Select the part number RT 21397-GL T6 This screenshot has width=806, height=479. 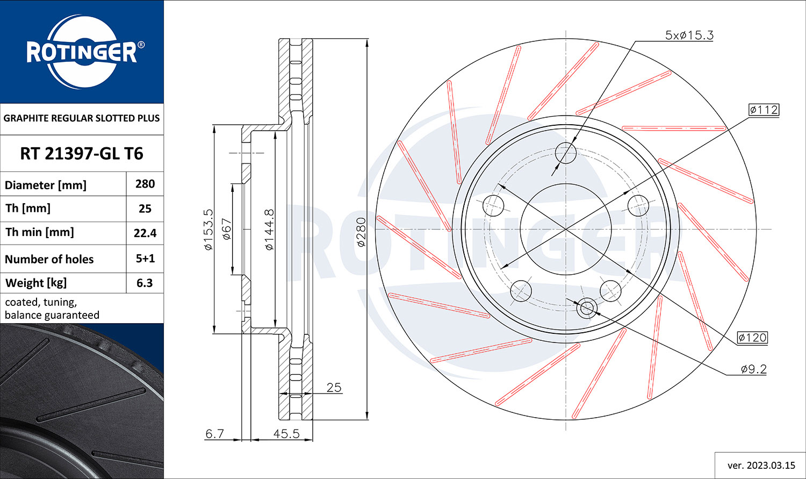click(82, 154)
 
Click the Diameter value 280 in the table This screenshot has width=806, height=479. click(145, 184)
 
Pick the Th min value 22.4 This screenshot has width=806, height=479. click(145, 233)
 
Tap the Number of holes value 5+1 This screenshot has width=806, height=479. click(145, 259)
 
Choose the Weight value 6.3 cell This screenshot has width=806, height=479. click(145, 283)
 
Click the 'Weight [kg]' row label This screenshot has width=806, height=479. click(36, 283)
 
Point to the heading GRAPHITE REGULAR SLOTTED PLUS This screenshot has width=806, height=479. click(82, 118)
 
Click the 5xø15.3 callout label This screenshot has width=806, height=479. click(689, 35)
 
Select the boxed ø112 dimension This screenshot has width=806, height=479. click(764, 110)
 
